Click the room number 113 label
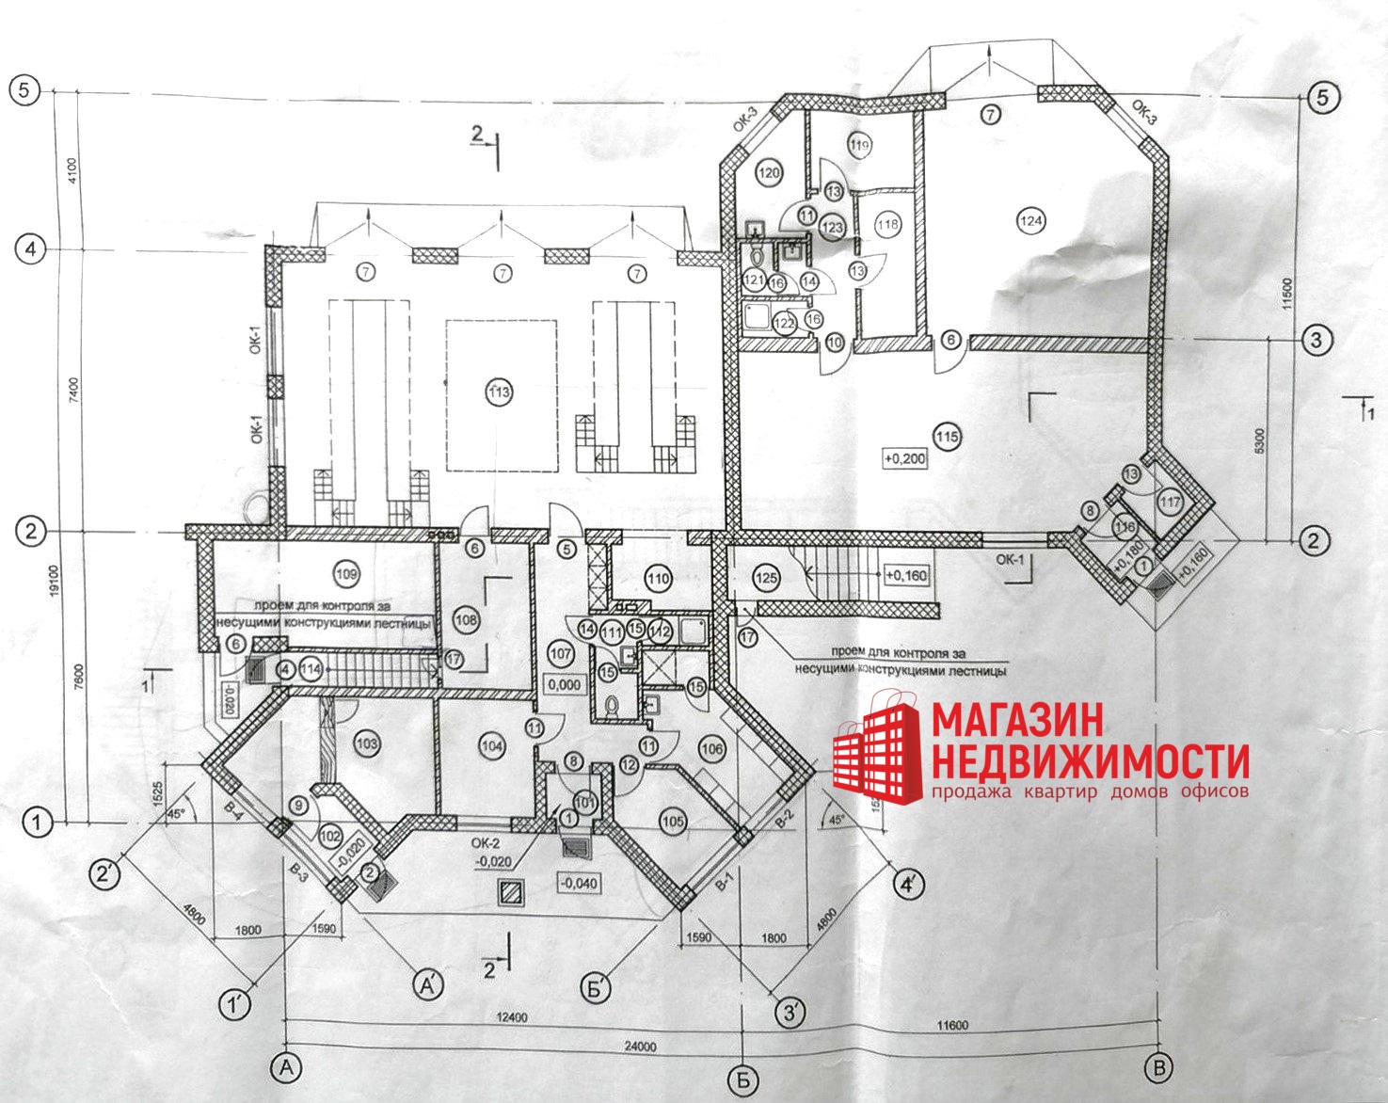click(x=500, y=392)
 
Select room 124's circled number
click(x=1031, y=221)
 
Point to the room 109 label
click(x=347, y=573)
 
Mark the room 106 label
click(x=712, y=748)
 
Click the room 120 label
click(x=770, y=173)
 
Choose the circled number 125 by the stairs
click(x=767, y=577)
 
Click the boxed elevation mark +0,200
click(x=905, y=459)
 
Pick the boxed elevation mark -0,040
click(x=579, y=883)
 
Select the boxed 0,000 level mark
click(x=564, y=685)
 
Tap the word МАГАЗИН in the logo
click(x=1017, y=721)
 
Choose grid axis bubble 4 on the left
click(x=31, y=249)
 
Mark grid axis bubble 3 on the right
click(x=1316, y=339)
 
